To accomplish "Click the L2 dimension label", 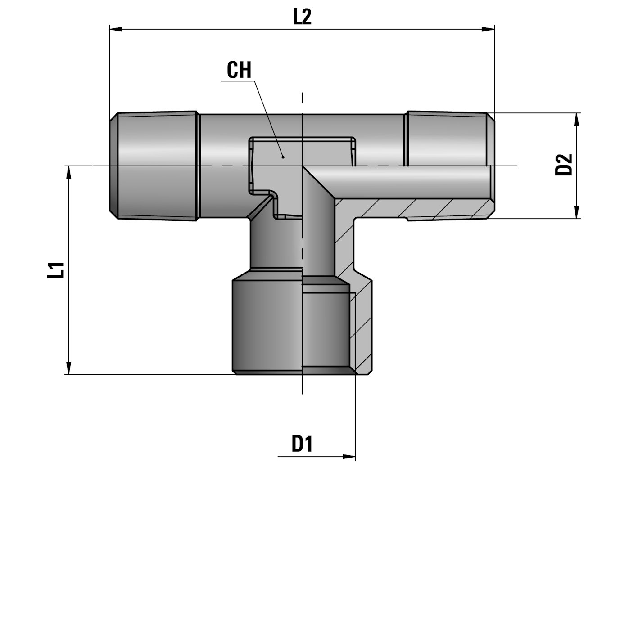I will tap(302, 17).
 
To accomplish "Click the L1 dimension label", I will tap(56, 270).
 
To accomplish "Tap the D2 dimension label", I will tap(564, 164).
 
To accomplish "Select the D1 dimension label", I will tap(302, 444).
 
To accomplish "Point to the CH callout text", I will tap(239, 70).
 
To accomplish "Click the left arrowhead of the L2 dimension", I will tap(116, 29).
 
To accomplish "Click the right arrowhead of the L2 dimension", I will tap(488, 29).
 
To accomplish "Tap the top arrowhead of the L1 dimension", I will tap(68, 172).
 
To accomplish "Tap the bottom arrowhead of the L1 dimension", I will tap(68, 368).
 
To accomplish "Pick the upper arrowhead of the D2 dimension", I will tap(576, 120).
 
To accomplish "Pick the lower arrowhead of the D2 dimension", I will tap(576, 212).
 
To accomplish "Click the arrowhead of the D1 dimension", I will tap(349, 457).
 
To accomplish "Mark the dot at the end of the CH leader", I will tap(283, 157).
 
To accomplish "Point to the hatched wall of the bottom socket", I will tap(363, 328).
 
